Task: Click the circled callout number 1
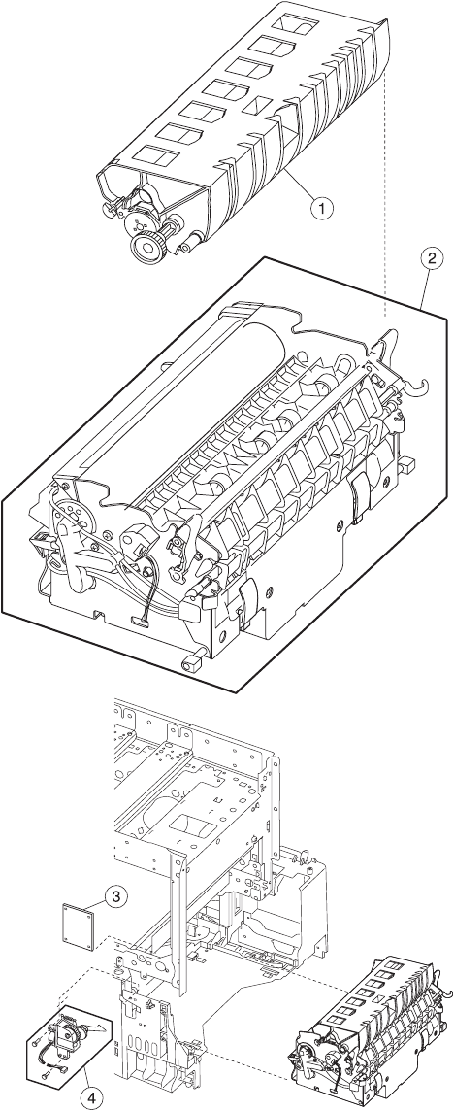point(323,208)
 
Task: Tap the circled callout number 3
point(115,896)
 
